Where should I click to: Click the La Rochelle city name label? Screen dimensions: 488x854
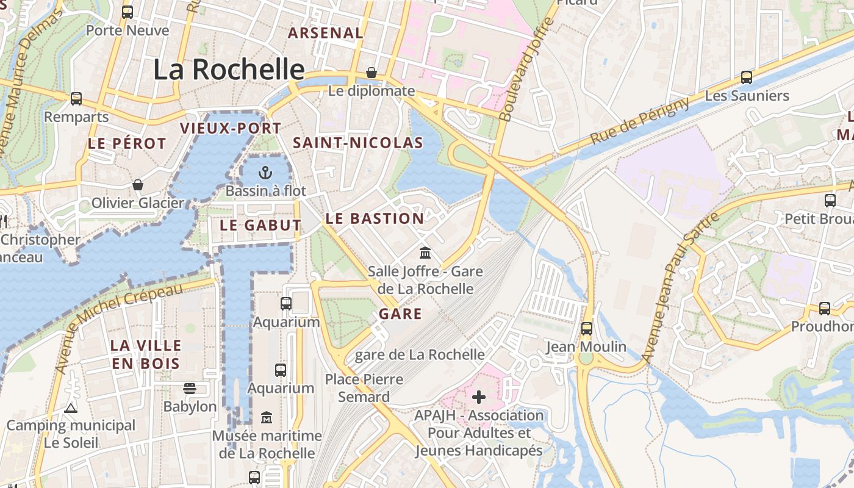point(229,70)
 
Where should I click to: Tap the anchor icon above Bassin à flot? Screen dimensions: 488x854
point(265,173)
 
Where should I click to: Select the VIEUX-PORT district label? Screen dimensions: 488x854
point(231,128)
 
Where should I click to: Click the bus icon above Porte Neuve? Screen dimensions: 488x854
point(127,12)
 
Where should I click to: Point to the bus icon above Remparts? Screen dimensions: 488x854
point(76,98)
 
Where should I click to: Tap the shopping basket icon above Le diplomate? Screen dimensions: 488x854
point(371,73)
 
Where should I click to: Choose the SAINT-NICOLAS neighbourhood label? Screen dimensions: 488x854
point(358,143)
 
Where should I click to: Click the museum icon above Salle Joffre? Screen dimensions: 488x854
point(425,253)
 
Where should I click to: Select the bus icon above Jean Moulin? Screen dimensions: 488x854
point(586,329)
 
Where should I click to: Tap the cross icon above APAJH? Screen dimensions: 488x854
point(479,398)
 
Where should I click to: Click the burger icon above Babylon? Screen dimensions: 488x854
point(190,389)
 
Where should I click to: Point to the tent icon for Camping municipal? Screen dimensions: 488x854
point(71,408)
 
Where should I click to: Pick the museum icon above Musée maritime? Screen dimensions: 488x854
point(267,418)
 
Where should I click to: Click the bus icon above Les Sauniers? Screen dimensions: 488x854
point(746,77)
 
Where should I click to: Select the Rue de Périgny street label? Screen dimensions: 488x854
point(640,121)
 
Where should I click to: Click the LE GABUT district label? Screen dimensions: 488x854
point(260,225)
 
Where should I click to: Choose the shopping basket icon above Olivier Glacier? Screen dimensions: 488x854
point(138,185)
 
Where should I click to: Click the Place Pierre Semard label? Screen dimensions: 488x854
point(364,388)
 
